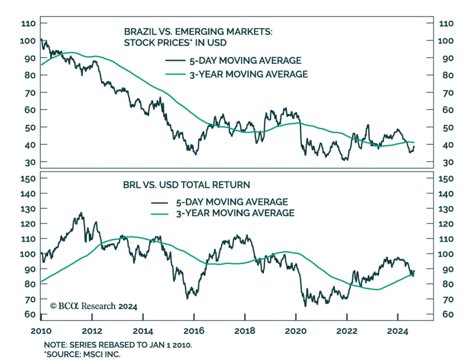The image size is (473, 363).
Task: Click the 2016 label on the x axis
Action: (x=194, y=331)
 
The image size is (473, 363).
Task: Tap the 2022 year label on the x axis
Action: (x=346, y=331)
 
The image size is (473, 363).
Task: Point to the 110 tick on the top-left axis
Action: (x=28, y=23)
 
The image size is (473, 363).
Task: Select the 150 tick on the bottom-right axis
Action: (x=446, y=179)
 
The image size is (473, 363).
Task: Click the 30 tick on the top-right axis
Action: (x=448, y=162)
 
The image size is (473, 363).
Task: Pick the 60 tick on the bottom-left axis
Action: (x=30, y=314)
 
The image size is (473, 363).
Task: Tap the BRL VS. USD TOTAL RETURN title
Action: (x=186, y=185)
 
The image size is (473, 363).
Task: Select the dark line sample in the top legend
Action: (x=175, y=61)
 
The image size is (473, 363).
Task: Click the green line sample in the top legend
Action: (x=175, y=74)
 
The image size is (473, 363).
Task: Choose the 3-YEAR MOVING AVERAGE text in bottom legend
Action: (x=235, y=213)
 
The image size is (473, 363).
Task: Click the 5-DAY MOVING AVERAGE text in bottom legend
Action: (x=232, y=202)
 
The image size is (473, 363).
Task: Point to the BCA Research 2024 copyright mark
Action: (x=94, y=306)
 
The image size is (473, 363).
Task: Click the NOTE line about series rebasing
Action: (x=118, y=345)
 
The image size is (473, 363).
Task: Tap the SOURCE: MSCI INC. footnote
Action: (x=82, y=354)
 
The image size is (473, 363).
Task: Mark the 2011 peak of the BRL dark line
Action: (x=81, y=213)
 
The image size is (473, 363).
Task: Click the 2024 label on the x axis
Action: (x=397, y=331)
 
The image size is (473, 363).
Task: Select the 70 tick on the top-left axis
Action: (x=30, y=93)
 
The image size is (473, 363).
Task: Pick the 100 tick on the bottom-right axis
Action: (x=446, y=254)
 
